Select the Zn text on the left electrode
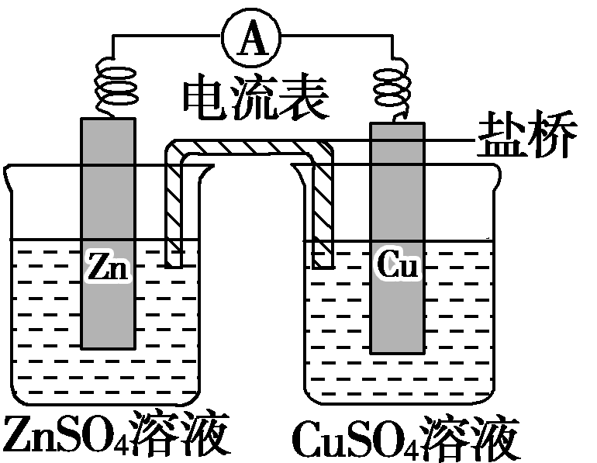(107, 267)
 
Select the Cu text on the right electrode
(398, 266)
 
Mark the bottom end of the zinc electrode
(108, 346)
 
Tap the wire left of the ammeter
(163, 35)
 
